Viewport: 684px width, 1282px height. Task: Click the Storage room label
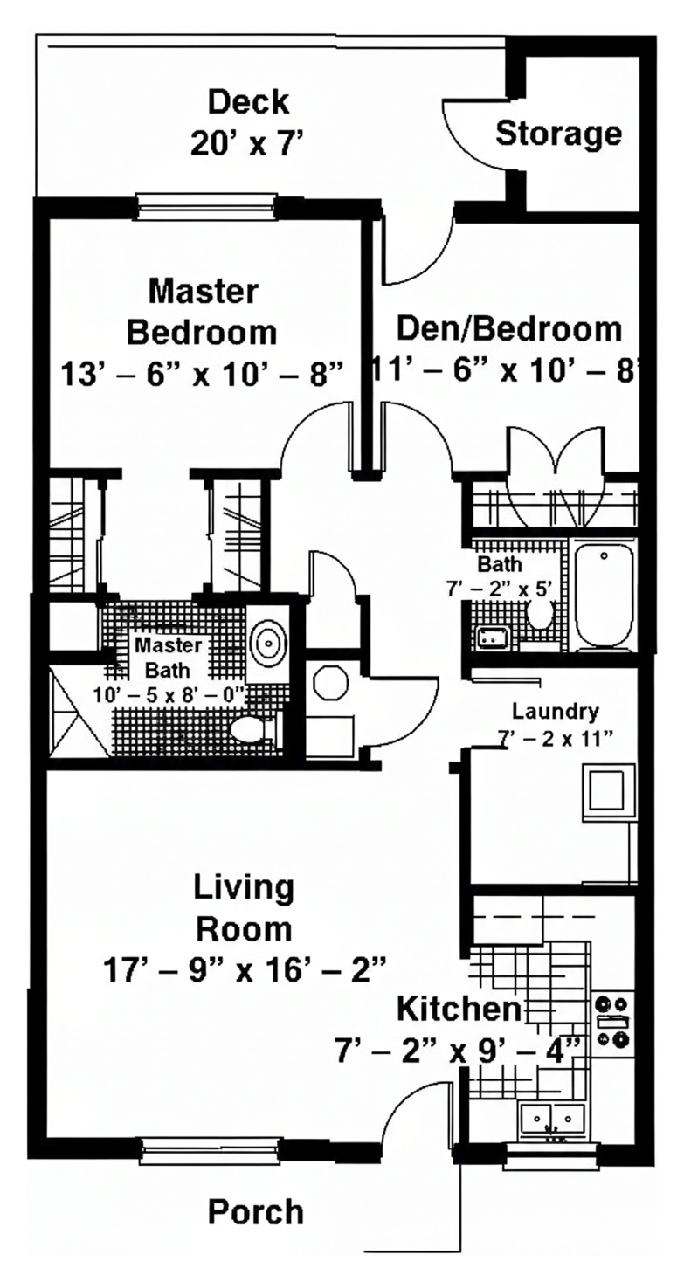558,134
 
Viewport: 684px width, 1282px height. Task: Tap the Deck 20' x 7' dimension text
246,143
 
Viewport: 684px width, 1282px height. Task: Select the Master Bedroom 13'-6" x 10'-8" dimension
202,375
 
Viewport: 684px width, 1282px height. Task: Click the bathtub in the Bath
605,597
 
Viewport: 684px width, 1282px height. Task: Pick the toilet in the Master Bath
255,729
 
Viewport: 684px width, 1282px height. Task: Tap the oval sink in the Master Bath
269,643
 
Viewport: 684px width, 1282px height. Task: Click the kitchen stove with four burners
612,1021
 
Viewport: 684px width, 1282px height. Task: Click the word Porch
255,1211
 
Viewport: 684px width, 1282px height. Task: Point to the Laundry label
556,712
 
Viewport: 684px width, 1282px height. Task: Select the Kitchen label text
459,1009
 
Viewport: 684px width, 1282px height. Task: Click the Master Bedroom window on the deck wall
207,206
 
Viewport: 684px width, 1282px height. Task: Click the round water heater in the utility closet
330,684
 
